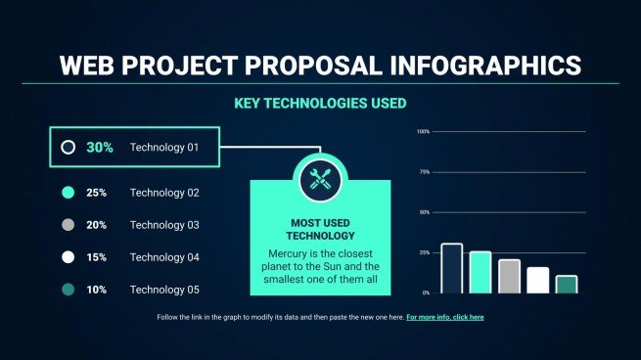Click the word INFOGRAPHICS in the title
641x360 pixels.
pos(498,66)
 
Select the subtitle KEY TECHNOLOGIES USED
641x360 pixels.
pos(320,102)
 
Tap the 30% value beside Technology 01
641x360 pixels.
pos(100,148)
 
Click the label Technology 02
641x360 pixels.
pos(164,193)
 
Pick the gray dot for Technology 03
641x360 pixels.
pos(68,225)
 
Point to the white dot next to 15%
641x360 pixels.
pos(68,257)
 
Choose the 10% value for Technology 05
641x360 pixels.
pos(97,290)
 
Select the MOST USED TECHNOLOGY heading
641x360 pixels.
pos(320,229)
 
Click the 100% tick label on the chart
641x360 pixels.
pos(423,131)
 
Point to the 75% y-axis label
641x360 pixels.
pos(424,172)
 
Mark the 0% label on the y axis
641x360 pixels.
pos(426,292)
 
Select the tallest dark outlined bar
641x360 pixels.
pos(451,269)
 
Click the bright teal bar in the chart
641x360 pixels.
pos(480,273)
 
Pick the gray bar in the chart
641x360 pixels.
pos(509,277)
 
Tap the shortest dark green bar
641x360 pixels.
pos(567,285)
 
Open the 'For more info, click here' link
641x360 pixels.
pos(445,318)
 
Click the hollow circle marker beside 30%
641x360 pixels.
pos(68,148)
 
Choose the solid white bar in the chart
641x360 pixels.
pos(537,281)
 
